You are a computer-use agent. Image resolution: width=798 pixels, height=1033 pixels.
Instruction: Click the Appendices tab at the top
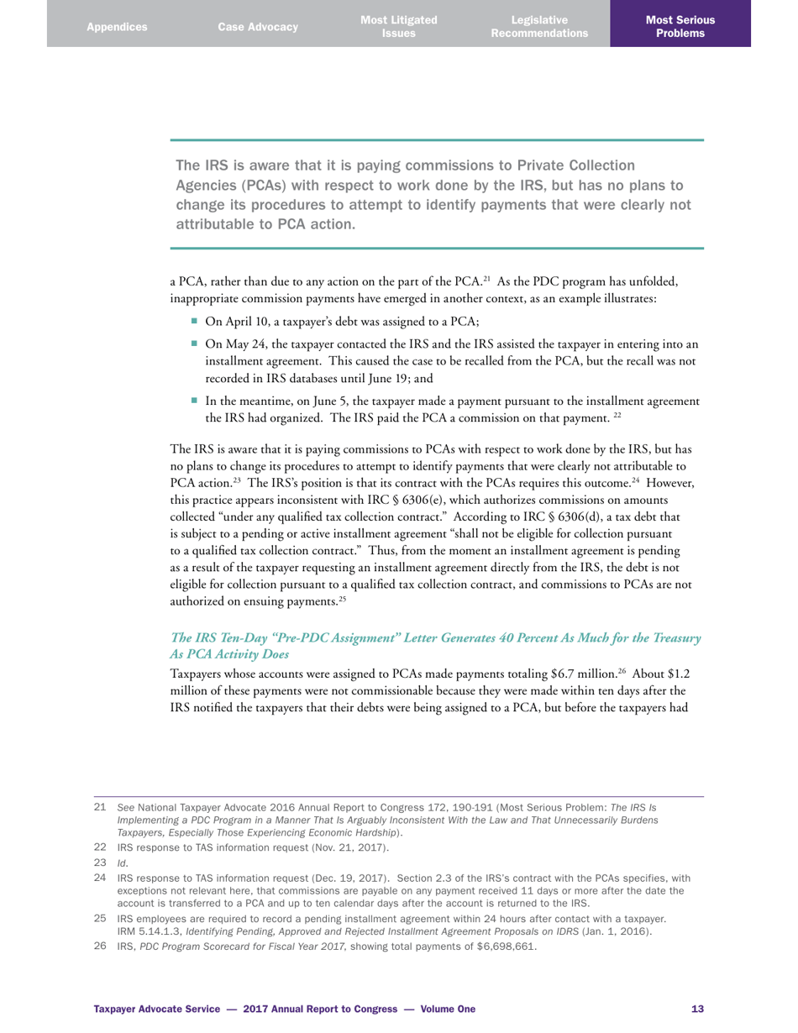click(117, 27)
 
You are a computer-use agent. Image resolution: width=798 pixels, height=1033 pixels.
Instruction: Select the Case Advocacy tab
click(258, 27)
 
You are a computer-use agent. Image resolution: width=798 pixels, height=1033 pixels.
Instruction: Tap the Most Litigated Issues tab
click(398, 27)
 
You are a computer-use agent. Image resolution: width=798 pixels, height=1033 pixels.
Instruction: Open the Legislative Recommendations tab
click(539, 27)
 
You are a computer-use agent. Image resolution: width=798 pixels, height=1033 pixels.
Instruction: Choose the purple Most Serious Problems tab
click(680, 27)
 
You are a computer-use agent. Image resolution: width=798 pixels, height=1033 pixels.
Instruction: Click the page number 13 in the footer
click(697, 1009)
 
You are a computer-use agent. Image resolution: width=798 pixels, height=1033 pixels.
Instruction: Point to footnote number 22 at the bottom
click(99, 847)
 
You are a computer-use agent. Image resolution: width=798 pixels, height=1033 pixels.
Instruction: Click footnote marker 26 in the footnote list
click(99, 946)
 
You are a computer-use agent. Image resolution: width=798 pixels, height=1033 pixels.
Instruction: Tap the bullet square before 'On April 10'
click(194, 320)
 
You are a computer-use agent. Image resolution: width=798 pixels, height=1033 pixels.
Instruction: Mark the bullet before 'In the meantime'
click(194, 401)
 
